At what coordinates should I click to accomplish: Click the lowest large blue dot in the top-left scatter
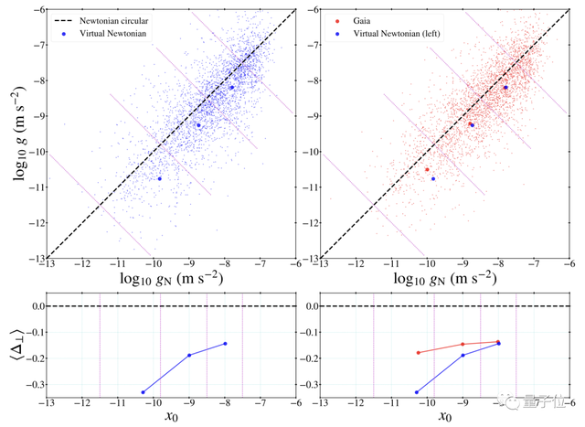tap(160, 179)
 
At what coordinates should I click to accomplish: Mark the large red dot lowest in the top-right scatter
tap(427, 169)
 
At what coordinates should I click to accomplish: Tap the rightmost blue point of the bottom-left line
tap(225, 344)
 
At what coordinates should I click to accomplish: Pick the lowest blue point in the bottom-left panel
tap(144, 392)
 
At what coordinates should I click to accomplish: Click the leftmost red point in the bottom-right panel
tap(418, 352)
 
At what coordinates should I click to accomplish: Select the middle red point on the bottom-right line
tap(463, 345)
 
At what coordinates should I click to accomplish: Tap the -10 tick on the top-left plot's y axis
tap(33, 152)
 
